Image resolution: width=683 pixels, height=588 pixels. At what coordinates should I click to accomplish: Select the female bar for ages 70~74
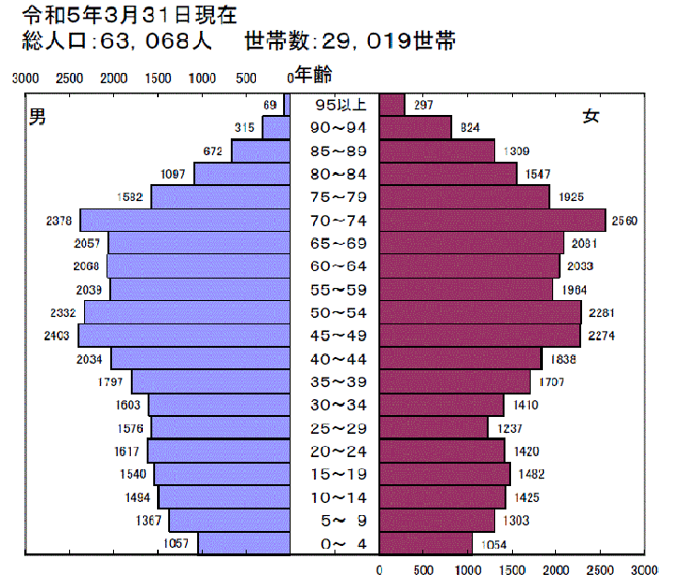(x=492, y=221)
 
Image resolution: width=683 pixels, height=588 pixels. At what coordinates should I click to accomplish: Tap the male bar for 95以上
(x=288, y=105)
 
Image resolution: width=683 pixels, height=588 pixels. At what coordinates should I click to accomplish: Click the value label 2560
(x=624, y=222)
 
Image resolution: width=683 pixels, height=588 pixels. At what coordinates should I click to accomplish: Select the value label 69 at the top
(x=271, y=105)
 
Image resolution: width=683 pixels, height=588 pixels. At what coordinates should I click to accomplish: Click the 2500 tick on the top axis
(x=69, y=78)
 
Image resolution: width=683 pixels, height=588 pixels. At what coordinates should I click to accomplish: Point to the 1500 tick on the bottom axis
(x=512, y=569)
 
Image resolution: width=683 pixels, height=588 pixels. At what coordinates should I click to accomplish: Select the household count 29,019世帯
(x=350, y=42)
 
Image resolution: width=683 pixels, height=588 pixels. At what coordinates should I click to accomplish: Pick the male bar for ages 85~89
(x=262, y=151)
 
